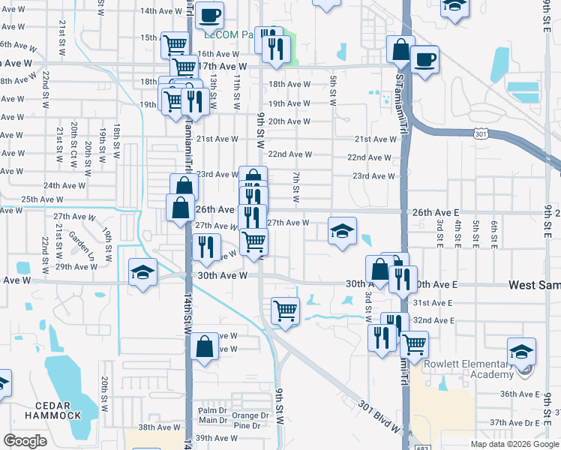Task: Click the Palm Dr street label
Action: coord(212,410)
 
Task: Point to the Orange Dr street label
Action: coord(250,415)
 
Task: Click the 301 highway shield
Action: coord(481,133)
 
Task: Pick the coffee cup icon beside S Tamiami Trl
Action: coord(424,59)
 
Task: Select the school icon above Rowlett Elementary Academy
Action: coord(521,351)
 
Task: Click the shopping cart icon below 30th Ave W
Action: coord(285,309)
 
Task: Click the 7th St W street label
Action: coord(296,187)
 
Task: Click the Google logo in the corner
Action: coord(25,441)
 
